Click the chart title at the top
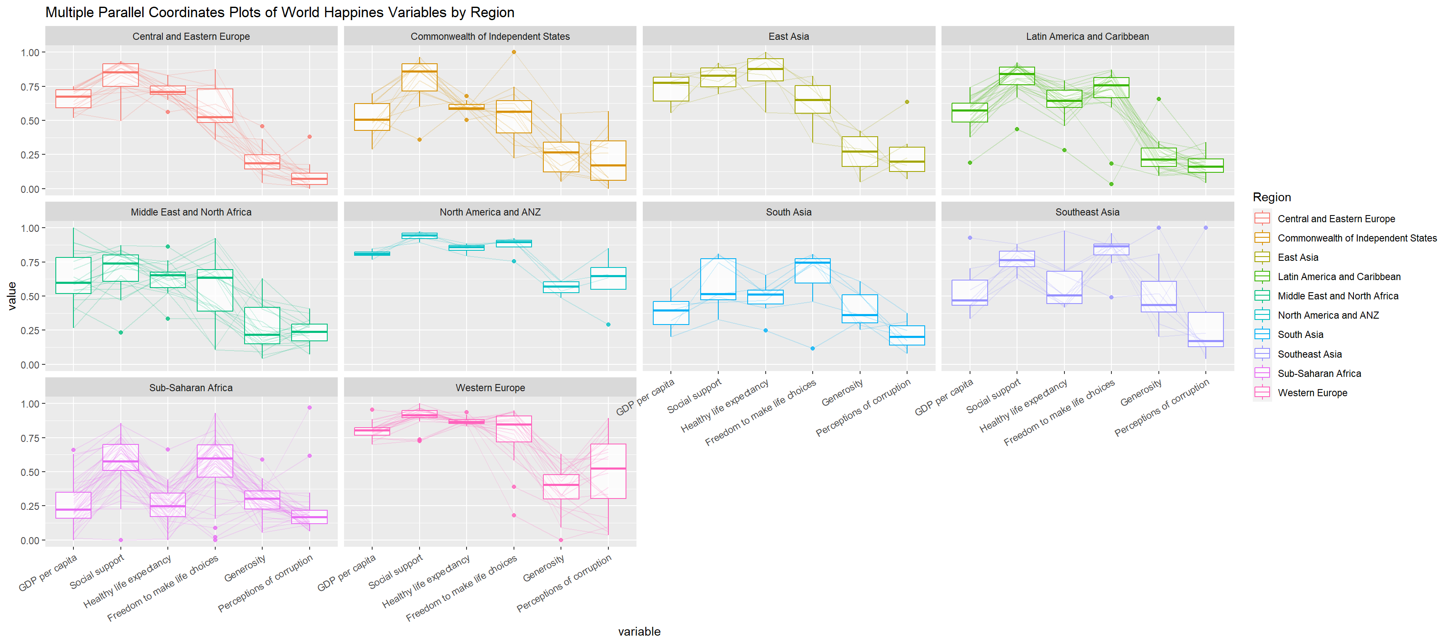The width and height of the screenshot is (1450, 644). [280, 13]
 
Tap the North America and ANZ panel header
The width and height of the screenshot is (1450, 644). [490, 212]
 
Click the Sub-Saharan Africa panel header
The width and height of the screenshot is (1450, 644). [191, 387]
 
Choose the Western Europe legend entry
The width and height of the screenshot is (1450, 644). [1312, 392]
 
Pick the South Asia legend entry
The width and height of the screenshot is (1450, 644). [1300, 335]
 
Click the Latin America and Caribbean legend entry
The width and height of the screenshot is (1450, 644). [1338, 277]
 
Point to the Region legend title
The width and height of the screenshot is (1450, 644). [1272, 197]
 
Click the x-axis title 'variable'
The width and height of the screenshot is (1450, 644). [639, 631]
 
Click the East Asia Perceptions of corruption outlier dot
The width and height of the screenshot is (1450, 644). [907, 102]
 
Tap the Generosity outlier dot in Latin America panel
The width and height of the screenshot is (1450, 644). [1158, 99]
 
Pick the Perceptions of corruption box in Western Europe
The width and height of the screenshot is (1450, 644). [608, 471]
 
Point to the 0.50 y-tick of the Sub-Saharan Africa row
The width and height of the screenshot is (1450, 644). [29, 472]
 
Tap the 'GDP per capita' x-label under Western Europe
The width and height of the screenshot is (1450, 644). [346, 573]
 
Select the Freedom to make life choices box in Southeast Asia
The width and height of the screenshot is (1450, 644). [1111, 249]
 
